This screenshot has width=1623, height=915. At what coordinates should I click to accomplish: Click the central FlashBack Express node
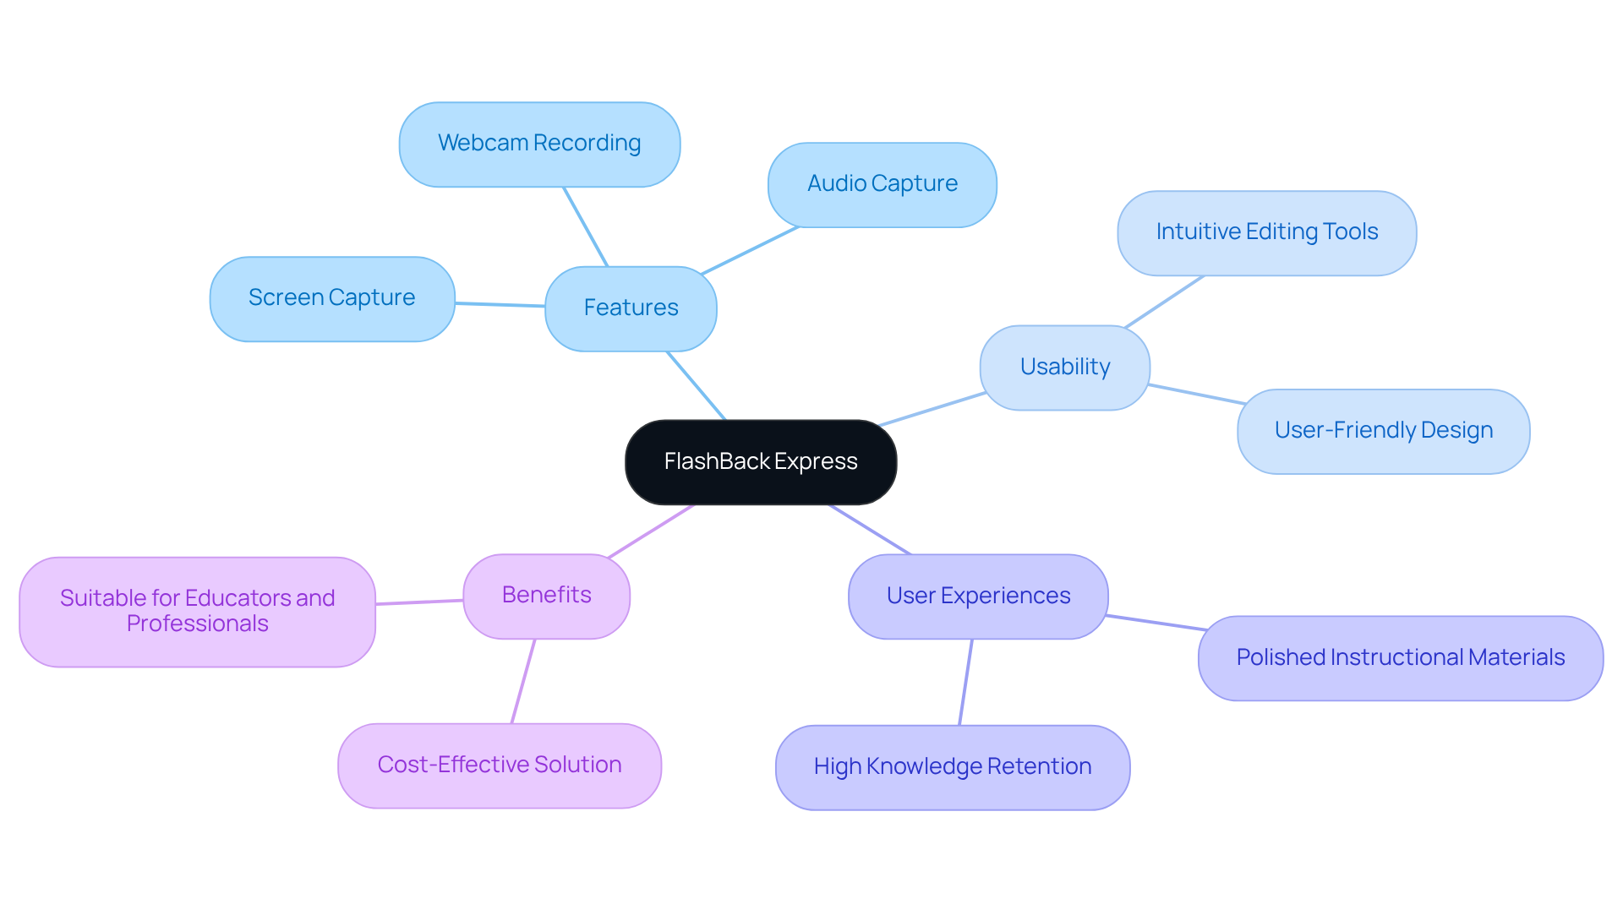click(760, 462)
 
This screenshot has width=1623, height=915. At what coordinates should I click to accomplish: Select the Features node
click(631, 308)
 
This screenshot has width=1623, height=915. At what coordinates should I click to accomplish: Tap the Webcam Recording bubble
click(539, 144)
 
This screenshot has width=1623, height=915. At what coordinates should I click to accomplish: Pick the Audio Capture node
click(882, 184)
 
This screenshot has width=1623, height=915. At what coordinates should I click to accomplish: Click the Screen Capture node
click(331, 298)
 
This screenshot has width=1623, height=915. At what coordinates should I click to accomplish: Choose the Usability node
click(1064, 368)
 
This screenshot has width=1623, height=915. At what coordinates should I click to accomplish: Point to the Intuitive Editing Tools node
click(1266, 232)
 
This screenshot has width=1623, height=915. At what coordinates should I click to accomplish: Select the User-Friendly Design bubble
click(1383, 431)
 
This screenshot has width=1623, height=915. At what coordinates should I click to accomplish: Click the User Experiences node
click(978, 596)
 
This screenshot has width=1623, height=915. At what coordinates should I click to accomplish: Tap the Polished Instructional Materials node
click(1400, 658)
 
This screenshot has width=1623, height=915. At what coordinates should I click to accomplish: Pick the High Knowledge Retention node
click(952, 767)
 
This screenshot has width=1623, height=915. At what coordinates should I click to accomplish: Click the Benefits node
click(546, 596)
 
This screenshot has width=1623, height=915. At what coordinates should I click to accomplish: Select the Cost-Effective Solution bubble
click(499, 765)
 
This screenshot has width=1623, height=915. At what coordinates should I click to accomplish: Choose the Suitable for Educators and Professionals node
click(197, 612)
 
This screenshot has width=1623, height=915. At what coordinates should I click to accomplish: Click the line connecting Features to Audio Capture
click(751, 250)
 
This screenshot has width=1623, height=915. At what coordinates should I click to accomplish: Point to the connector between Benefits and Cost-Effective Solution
click(523, 681)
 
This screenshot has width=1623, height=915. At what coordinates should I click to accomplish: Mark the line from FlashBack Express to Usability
click(932, 409)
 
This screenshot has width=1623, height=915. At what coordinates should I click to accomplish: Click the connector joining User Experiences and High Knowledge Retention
click(965, 683)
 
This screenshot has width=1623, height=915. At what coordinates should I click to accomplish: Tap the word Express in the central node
click(816, 462)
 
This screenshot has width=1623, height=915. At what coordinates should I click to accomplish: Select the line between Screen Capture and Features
click(500, 304)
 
